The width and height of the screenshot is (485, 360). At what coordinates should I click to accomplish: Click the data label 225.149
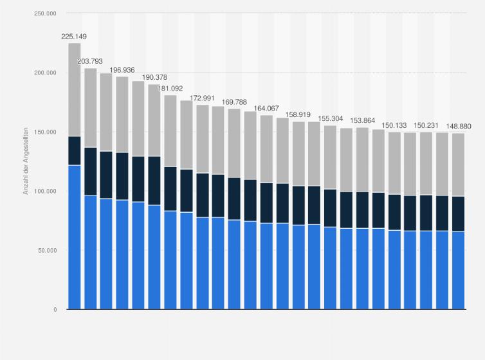(x=74, y=37)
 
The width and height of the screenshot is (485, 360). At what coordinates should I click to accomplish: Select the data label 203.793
(x=90, y=62)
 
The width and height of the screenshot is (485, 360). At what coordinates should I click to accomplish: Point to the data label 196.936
(x=122, y=69)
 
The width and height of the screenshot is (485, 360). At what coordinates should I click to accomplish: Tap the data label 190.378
(x=154, y=78)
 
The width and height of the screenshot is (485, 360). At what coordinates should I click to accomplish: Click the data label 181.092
(x=170, y=89)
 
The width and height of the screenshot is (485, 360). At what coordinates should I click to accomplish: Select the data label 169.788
(x=234, y=102)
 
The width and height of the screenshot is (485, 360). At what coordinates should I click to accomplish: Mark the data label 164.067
(x=266, y=109)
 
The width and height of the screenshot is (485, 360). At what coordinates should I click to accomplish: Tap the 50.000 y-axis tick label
(x=45, y=250)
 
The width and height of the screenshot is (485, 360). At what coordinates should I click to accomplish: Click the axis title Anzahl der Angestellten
(x=26, y=161)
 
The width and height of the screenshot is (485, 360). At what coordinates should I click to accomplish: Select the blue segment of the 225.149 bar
(x=74, y=237)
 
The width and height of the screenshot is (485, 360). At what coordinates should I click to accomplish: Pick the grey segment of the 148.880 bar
(x=458, y=165)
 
